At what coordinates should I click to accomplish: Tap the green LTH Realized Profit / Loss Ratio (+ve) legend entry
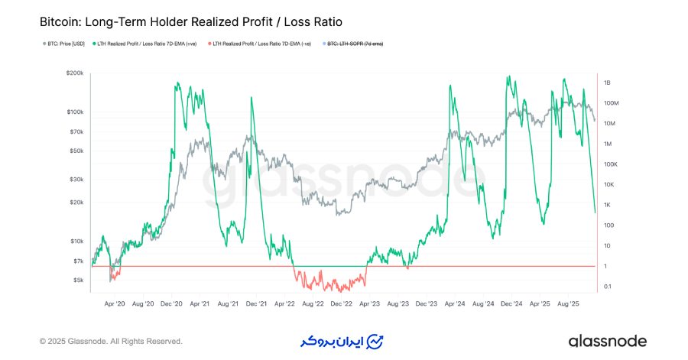[x=145, y=44]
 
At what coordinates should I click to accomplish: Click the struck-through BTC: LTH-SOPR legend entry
[x=355, y=44]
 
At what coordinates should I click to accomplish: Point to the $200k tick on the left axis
[x=75, y=73]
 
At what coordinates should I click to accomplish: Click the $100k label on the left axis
[x=75, y=112]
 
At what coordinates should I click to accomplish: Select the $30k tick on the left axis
[x=76, y=180]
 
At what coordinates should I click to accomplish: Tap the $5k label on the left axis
[x=78, y=280]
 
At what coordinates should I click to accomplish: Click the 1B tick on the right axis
[x=608, y=83]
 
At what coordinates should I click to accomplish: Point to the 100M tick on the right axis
[x=611, y=103]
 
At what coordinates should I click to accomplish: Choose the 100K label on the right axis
[x=611, y=164]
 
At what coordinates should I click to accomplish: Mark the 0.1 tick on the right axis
[x=607, y=287]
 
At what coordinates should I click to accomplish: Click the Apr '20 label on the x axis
[x=115, y=303]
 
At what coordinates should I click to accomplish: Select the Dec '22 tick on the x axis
[x=340, y=303]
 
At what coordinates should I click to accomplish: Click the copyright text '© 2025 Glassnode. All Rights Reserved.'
[x=111, y=341]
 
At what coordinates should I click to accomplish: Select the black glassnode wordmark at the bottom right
[x=607, y=341]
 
